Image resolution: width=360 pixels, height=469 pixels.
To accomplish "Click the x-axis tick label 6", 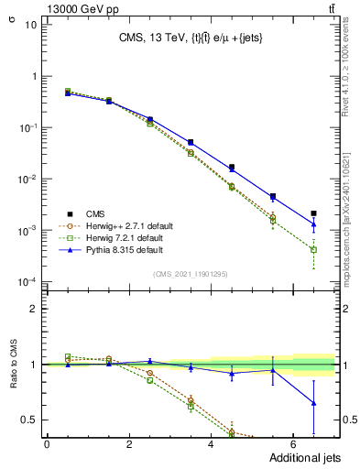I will click(292, 444).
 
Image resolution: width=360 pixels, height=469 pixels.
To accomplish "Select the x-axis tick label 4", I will click(211, 444).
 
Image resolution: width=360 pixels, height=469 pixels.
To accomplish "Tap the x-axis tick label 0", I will click(47, 444).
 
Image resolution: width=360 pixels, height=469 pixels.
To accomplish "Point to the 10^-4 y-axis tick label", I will click(27, 281).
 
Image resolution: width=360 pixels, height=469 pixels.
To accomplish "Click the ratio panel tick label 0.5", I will click(28, 420).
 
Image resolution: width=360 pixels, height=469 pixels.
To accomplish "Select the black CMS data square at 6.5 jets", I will click(313, 213).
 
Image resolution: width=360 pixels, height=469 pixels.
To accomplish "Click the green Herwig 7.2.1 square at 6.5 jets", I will click(313, 249).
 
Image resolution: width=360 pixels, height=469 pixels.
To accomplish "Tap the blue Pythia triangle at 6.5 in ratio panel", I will click(313, 403).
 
